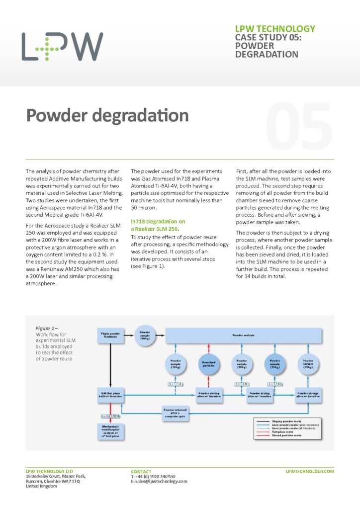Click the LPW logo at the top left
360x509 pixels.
click(62, 47)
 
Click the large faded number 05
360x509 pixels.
click(298, 124)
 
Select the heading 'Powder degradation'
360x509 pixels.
click(107, 115)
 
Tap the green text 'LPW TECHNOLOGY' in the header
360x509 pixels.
click(274, 29)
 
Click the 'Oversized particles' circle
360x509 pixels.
click(208, 366)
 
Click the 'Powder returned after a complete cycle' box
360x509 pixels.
click(174, 413)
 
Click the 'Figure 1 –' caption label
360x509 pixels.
click(47, 329)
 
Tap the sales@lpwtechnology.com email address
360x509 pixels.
click(159, 481)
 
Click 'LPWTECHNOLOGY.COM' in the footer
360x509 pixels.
click(310, 471)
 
